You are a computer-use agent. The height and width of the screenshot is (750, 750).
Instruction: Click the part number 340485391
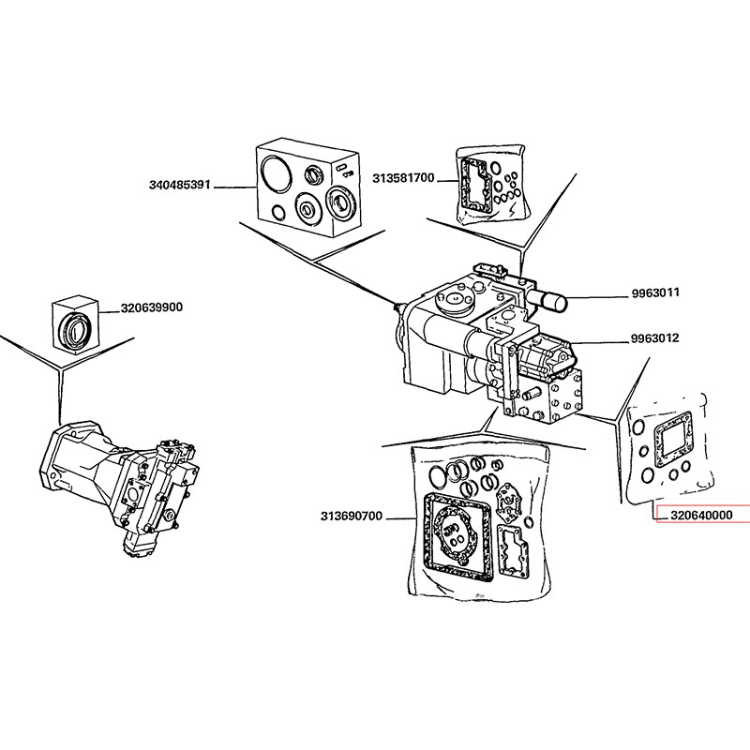180,186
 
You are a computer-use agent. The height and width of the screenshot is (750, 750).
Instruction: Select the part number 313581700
403,177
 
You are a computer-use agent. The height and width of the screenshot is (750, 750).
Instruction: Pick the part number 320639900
151,307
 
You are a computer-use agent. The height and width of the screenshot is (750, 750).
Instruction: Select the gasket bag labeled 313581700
489,186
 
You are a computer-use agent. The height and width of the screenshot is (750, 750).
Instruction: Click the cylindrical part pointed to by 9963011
549,301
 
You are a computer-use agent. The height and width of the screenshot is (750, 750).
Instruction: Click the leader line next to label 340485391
234,187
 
